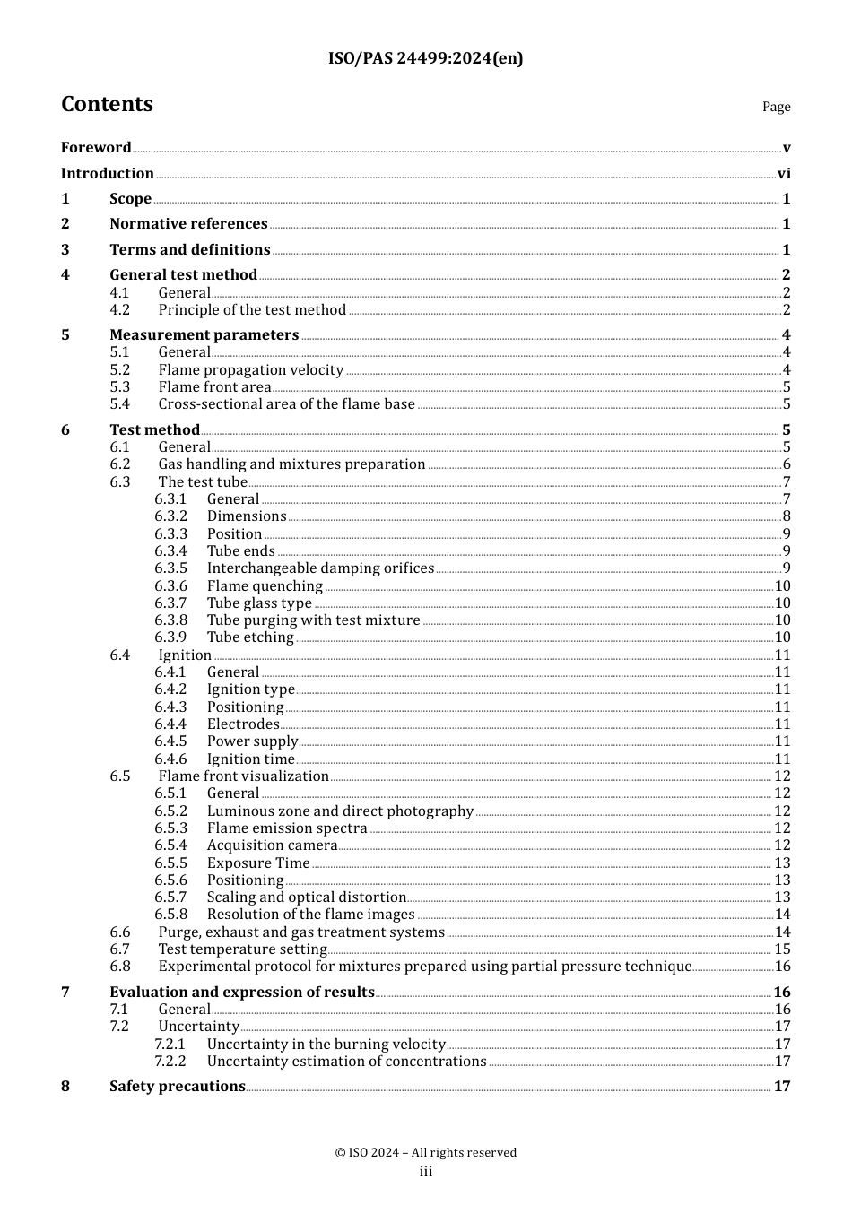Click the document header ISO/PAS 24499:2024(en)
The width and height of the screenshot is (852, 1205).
(425, 59)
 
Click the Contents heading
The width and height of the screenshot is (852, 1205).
(107, 105)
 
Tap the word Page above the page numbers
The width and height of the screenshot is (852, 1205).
(776, 107)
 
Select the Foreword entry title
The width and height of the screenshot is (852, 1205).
(96, 148)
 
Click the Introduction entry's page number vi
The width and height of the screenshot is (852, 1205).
(784, 174)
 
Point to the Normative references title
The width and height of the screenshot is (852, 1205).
(188, 224)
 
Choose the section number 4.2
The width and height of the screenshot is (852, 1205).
(120, 310)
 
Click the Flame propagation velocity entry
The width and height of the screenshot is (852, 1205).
(251, 370)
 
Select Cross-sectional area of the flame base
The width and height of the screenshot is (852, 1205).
(286, 404)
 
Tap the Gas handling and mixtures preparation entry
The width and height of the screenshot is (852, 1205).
(291, 464)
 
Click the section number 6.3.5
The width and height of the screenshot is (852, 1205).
(170, 568)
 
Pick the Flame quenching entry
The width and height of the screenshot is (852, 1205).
(265, 586)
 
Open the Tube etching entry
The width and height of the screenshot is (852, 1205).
(250, 637)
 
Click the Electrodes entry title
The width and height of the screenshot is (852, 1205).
(243, 724)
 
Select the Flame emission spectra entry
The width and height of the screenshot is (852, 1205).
(287, 828)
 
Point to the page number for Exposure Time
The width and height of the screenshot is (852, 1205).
(782, 863)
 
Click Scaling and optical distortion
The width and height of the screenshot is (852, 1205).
(307, 897)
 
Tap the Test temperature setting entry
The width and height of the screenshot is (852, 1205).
(242, 949)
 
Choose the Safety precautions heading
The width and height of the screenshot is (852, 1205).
(178, 1087)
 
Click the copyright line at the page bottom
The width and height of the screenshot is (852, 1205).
(426, 1153)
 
